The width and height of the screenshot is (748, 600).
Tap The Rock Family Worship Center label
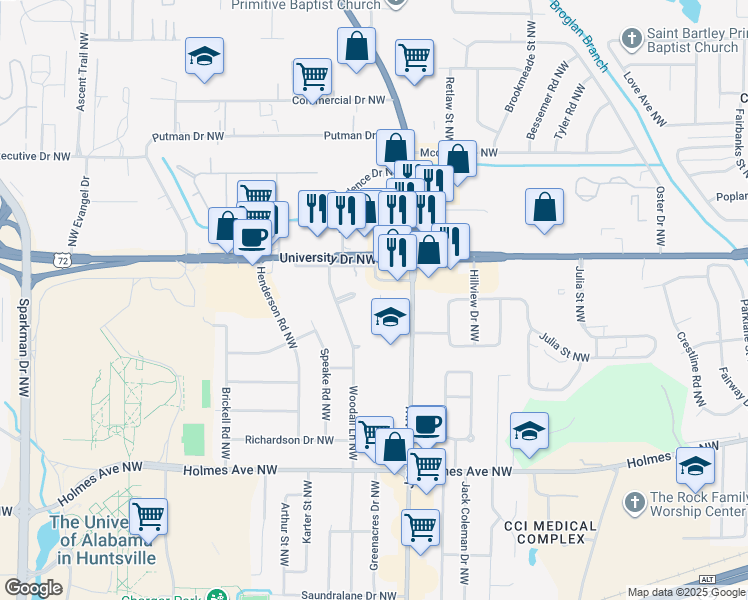click(x=697, y=505)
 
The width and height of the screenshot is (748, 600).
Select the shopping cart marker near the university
click(x=149, y=516)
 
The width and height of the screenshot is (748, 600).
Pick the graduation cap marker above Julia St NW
click(x=390, y=317)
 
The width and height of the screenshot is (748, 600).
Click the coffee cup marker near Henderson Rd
click(x=252, y=238)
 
